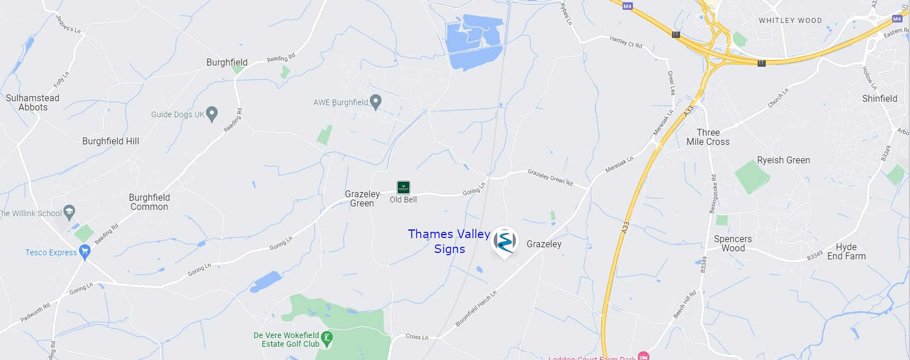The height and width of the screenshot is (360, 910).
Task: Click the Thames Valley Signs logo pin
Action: click(x=505, y=241)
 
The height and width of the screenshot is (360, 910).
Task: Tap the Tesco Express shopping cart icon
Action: click(x=85, y=251)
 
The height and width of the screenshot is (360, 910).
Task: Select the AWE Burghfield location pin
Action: click(x=375, y=102)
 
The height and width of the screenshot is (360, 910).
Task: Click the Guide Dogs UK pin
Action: click(x=212, y=113)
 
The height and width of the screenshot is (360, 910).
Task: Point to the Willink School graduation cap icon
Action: click(x=70, y=212)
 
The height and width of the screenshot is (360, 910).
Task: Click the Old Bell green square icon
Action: click(x=404, y=187)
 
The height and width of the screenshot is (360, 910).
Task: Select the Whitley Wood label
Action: click(x=790, y=21)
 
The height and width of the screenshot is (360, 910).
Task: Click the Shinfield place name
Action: click(x=880, y=98)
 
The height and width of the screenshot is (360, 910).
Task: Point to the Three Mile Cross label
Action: click(x=708, y=137)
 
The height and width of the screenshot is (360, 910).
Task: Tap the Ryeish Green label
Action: click(x=783, y=160)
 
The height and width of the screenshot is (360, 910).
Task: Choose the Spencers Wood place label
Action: click(x=733, y=243)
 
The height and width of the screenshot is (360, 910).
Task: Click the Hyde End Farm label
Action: click(x=846, y=251)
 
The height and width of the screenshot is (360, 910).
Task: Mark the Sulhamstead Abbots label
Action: click(x=33, y=102)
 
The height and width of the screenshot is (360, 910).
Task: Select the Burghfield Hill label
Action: click(x=110, y=141)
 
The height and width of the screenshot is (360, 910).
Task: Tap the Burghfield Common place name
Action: click(x=149, y=202)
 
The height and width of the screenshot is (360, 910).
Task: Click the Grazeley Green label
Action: click(x=362, y=198)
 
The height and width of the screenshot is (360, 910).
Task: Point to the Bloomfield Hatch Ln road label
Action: click(x=475, y=309)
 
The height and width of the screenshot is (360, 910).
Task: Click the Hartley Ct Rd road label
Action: click(x=625, y=42)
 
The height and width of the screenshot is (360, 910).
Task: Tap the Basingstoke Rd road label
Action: click(x=713, y=194)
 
